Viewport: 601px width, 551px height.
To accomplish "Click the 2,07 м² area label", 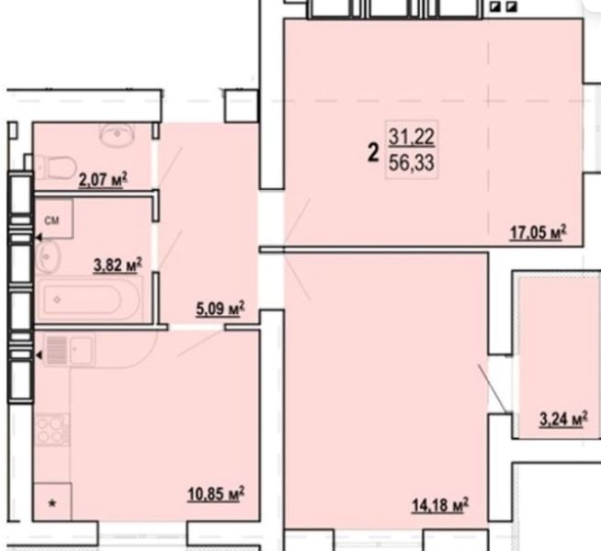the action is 103,180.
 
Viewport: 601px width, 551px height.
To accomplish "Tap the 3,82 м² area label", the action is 118,265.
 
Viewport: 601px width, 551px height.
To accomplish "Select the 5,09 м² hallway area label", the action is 220,309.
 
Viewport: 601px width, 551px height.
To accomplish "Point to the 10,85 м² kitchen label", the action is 216,494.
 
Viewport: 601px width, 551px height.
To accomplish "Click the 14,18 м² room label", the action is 440,505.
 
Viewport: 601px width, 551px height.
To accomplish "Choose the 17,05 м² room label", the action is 538,232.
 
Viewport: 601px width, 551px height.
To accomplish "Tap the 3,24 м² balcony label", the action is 563,420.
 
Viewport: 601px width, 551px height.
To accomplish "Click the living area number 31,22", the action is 412,138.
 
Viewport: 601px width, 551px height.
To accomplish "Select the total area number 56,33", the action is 412,163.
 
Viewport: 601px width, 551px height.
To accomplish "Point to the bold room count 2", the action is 373,153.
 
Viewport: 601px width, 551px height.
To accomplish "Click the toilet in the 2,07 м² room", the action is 55,167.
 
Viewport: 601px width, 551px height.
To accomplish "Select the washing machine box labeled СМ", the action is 54,219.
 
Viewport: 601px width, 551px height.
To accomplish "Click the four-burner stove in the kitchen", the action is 52,430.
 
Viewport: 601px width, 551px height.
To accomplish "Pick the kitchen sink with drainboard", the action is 69,350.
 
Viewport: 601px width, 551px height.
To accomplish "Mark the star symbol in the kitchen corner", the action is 52,503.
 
